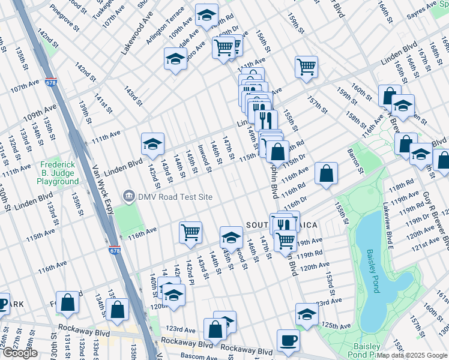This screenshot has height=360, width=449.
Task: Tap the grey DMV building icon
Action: (x=128, y=196)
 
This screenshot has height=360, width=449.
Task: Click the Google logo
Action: (x=20, y=353)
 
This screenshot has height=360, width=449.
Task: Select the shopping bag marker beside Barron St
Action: (x=326, y=175)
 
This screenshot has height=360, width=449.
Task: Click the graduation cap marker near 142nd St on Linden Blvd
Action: (x=152, y=144)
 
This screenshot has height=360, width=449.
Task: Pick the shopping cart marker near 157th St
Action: (x=306, y=67)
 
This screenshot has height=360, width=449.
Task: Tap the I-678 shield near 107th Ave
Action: (x=50, y=83)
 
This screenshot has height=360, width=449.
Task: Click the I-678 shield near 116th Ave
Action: (x=114, y=250)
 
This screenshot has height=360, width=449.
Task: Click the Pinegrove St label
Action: (x=64, y=17)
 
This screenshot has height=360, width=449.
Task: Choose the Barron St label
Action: (x=356, y=162)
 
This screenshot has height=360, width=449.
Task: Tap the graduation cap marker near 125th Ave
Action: (x=306, y=314)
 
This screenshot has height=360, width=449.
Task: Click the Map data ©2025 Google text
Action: (x=412, y=355)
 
